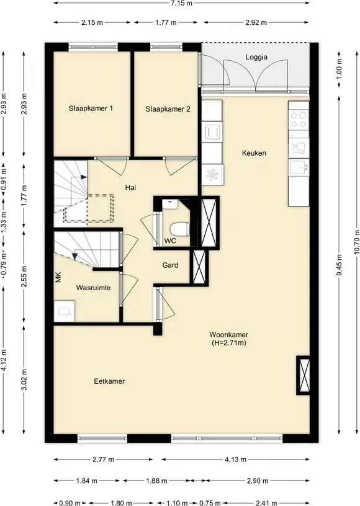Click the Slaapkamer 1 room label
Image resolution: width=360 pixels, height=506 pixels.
(x=91, y=109)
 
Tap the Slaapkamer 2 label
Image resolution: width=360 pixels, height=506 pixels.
(x=168, y=109)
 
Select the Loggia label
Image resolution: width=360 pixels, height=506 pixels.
(x=256, y=57)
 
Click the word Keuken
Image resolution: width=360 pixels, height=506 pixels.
(x=254, y=153)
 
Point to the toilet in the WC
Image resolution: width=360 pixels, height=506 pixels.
(x=179, y=229)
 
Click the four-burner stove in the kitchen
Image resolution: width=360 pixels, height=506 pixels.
(x=299, y=120)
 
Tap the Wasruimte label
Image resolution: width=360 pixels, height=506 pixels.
(x=93, y=288)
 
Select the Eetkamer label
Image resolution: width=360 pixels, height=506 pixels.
(x=109, y=381)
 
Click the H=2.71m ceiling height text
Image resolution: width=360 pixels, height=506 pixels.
(x=229, y=343)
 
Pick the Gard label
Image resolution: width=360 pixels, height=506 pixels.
(x=170, y=265)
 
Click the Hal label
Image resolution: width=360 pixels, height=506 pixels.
(x=131, y=187)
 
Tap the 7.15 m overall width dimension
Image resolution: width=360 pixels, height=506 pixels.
(x=181, y=3)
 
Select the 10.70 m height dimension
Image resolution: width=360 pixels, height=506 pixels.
(x=356, y=242)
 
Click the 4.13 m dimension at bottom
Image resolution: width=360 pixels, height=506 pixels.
(x=235, y=459)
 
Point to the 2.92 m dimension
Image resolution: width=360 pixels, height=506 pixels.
(x=256, y=22)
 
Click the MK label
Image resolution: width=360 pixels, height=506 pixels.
(x=58, y=277)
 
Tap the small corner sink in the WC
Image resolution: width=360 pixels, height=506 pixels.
(x=169, y=204)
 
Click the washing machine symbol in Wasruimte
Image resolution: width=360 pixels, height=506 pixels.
(x=65, y=311)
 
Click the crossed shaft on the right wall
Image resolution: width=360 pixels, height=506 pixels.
(x=303, y=375)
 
